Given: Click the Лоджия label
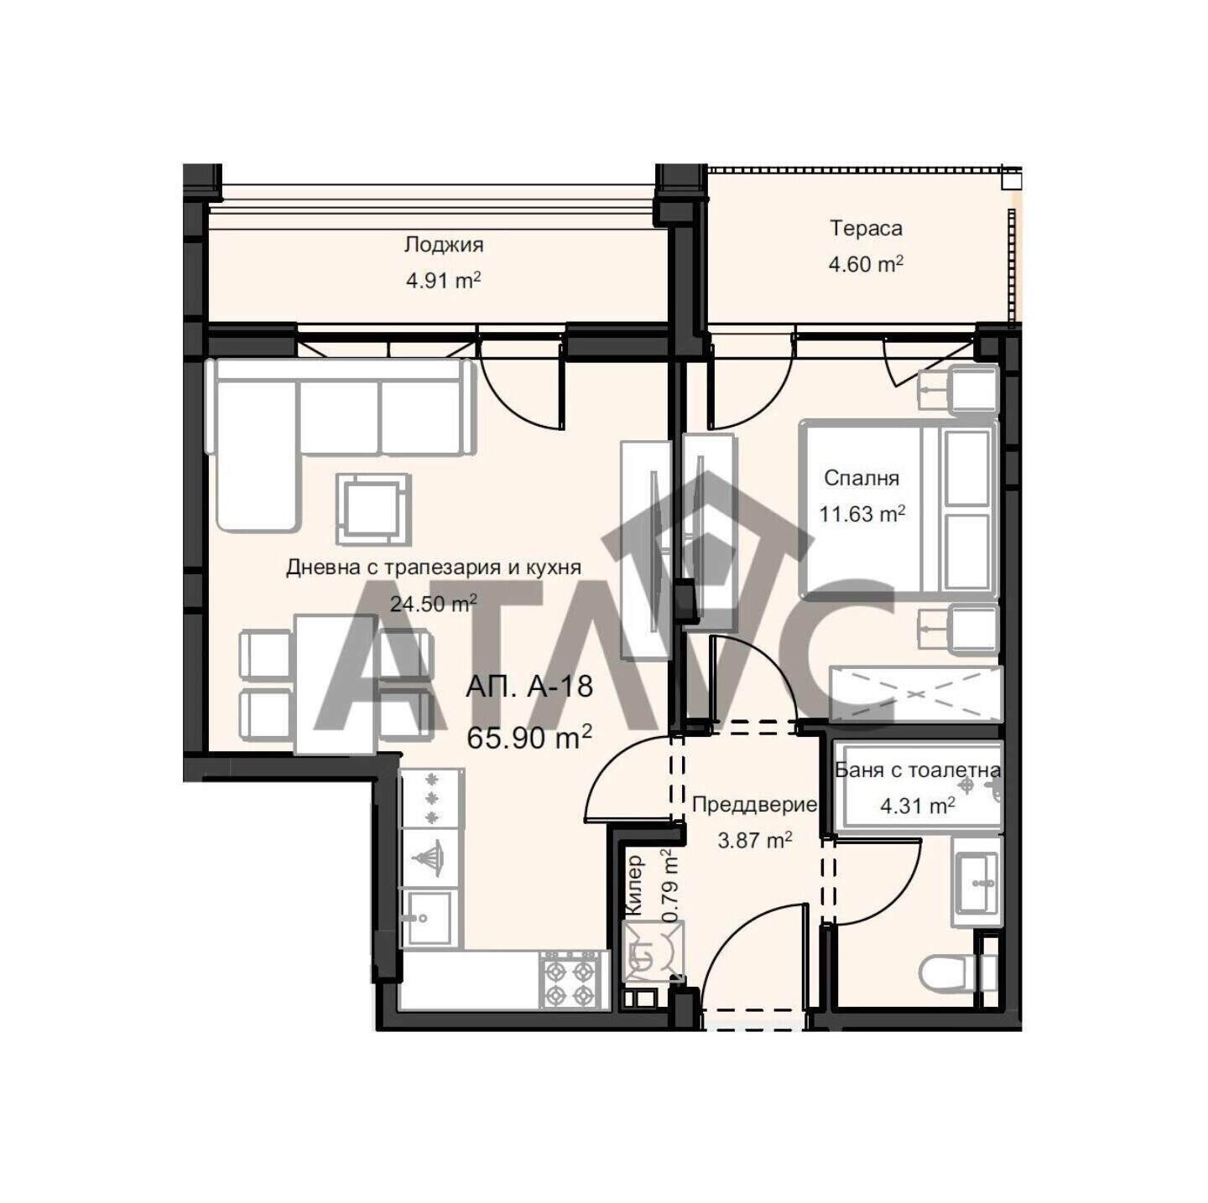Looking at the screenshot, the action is pos(443,244).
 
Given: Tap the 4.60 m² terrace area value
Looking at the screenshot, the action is pos(865,264).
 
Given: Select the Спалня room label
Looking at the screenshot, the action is pos(861,478).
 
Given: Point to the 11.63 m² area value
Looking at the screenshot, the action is pos(862,514).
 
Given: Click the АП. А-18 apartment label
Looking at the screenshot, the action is pos(529,686).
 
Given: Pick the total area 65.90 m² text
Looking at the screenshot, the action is pos(529,738).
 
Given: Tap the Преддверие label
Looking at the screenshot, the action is pos(754,805).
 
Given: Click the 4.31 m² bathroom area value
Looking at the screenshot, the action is pos(917,806).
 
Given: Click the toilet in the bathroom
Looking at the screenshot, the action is pos(959,973).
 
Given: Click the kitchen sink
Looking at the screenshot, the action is pos(430,917).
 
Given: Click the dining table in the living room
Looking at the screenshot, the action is pos(336,684).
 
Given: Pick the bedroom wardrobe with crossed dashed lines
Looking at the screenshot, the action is pos(916,694).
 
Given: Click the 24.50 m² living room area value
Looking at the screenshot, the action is pos(433,604).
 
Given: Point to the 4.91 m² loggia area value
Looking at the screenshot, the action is pos(443,280).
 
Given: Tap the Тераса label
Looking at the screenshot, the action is pos(866,228).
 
